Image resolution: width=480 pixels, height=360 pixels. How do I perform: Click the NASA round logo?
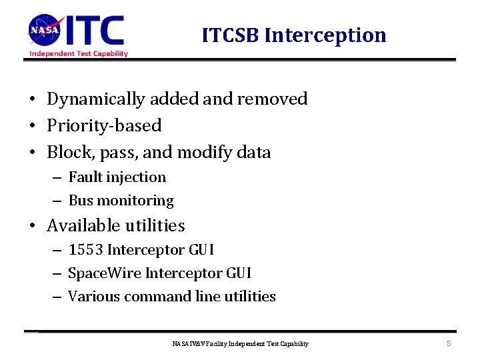tap(45, 30)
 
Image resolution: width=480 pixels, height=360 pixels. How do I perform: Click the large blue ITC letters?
tap(96, 30)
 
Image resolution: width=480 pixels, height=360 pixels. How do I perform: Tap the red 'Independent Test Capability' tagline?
tap(79, 53)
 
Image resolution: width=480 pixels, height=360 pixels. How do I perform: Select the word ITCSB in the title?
tap(231, 35)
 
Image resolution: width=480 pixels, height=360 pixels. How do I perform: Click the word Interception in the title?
tap(325, 35)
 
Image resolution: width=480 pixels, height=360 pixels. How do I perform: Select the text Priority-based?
tap(104, 125)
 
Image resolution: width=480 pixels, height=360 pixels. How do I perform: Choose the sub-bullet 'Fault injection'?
tap(117, 177)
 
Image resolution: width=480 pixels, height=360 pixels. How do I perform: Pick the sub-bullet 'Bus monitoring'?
tap(121, 201)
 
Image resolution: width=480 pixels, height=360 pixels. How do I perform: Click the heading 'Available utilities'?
tap(116, 225)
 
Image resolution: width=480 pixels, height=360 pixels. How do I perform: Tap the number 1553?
tap(85, 250)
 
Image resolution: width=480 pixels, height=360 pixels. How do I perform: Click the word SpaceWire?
tap(105, 273)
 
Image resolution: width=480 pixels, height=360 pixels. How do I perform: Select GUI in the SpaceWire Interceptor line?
tap(237, 273)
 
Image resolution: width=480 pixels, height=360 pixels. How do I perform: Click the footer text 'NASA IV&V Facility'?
tap(199, 344)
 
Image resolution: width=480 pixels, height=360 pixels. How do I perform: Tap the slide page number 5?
tap(449, 343)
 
